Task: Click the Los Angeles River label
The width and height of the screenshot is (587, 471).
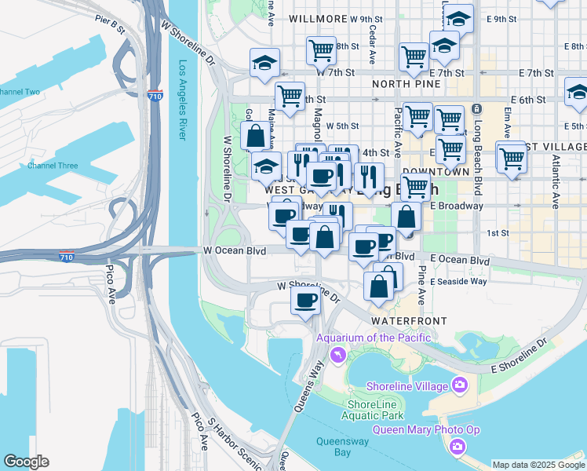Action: (182, 100)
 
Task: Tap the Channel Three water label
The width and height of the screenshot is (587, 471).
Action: (53, 166)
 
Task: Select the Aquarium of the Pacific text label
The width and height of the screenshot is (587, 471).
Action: (373, 338)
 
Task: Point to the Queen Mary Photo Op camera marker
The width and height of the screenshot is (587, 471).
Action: (458, 447)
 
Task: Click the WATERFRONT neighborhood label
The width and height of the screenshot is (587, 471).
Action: (409, 321)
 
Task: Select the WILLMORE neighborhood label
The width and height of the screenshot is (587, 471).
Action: (318, 18)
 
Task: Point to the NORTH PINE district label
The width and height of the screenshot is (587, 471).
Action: (406, 83)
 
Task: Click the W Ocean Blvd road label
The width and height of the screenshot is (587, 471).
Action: (235, 251)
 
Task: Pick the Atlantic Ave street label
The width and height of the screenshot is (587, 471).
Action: (555, 181)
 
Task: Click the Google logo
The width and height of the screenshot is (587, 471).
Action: (26, 462)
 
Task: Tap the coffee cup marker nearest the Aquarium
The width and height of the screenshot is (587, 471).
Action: (305, 299)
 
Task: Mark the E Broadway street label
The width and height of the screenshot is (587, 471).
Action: (457, 206)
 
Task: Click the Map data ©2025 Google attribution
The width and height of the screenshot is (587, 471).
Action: (538, 464)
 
